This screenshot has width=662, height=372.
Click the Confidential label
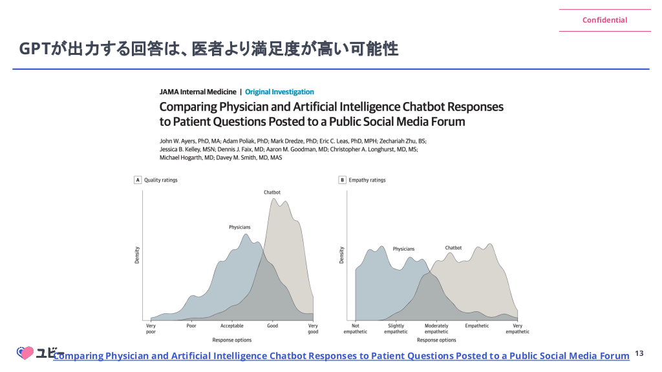pyautogui.click(x=604, y=20)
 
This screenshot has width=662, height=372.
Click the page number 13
pyautogui.click(x=639, y=353)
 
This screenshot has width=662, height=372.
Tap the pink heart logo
pyautogui.click(x=25, y=353)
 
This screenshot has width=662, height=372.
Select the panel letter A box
pyautogui.click(x=138, y=180)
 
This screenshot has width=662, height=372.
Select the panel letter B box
pyautogui.click(x=343, y=180)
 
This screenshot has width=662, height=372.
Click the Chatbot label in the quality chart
pyautogui.click(x=272, y=192)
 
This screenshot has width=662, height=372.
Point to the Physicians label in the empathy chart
pyautogui.click(x=403, y=249)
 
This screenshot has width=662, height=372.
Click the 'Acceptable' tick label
pyautogui.click(x=232, y=325)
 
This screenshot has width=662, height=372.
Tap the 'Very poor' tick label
pyautogui.click(x=151, y=329)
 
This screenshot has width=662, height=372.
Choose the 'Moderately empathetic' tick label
pyautogui.click(x=436, y=329)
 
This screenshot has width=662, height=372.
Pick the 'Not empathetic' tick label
pyautogui.click(x=356, y=329)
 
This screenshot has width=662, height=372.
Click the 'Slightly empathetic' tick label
pyautogui.click(x=396, y=329)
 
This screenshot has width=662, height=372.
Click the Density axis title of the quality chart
pyautogui.click(x=137, y=255)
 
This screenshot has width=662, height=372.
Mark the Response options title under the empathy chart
pyautogui.click(x=436, y=340)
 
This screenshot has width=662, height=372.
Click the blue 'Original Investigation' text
pyautogui.click(x=279, y=92)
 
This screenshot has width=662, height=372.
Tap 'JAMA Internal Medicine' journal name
pyautogui.click(x=198, y=92)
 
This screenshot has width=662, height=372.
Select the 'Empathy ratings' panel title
pyautogui.click(x=367, y=180)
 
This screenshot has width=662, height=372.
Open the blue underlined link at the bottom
pyautogui.click(x=341, y=356)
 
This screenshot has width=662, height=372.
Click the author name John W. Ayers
pyautogui.click(x=177, y=141)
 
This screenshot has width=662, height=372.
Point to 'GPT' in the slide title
pyautogui.click(x=35, y=49)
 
